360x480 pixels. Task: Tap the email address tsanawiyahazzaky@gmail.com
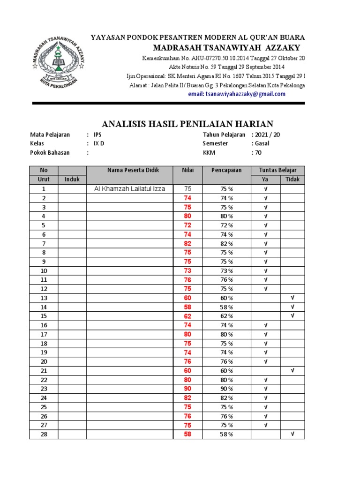(x=237, y=94)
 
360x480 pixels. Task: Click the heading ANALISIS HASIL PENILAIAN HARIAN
(x=187, y=124)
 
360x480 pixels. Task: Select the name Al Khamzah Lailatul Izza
(x=130, y=189)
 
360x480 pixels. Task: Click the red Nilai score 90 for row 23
(x=187, y=389)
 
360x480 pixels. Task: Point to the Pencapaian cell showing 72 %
(x=227, y=225)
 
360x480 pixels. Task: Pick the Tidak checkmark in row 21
(x=292, y=370)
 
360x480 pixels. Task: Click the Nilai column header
(x=187, y=170)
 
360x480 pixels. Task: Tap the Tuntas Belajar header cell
(x=277, y=170)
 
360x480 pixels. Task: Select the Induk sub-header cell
(x=72, y=179)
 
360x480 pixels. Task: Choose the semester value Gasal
(x=261, y=143)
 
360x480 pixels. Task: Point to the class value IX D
(x=99, y=143)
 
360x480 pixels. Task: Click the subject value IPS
(x=97, y=135)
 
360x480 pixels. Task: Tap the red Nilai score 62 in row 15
(x=187, y=316)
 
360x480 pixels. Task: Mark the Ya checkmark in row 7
(x=265, y=244)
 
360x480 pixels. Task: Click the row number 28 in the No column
(x=44, y=435)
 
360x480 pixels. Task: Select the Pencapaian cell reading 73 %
(x=227, y=271)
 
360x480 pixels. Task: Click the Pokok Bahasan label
(x=51, y=152)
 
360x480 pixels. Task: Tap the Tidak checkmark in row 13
(x=292, y=298)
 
